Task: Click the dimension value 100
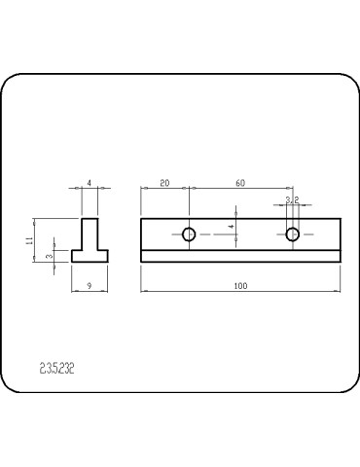coord(240,285)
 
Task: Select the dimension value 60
coord(240,182)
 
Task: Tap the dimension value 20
coord(164,182)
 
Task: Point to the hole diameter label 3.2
coord(292,200)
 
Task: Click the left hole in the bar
coord(190,233)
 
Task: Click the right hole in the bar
coord(292,233)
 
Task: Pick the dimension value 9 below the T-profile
coord(90,285)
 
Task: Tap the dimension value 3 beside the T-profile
coord(50,256)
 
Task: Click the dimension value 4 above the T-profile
coord(90,182)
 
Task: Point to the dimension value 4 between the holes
coord(232,226)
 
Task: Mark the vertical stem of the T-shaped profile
coord(90,233)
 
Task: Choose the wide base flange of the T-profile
coord(90,256)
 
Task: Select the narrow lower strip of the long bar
coord(240,256)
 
